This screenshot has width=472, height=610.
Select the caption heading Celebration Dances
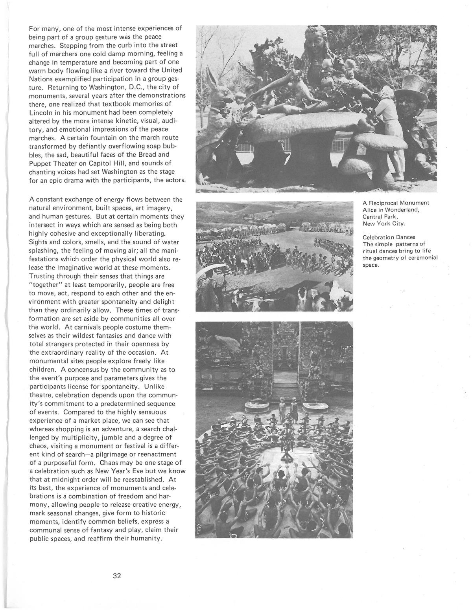pos(389,237)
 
